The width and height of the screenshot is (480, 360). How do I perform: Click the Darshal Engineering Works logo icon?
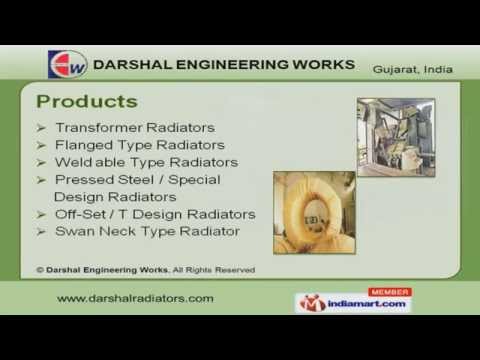[67, 64]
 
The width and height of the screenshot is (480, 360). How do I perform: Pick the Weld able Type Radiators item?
[147, 162]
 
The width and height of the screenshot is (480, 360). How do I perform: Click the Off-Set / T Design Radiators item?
[155, 214]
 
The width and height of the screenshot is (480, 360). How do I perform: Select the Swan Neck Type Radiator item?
[147, 231]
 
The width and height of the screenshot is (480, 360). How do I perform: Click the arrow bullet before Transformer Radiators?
[41, 129]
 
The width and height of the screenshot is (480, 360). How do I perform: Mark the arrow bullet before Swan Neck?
[41, 231]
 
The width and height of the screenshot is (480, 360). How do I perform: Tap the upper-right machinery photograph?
[395, 136]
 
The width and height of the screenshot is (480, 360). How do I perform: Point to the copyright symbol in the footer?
[39, 269]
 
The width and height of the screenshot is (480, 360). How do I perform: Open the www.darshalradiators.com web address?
[135, 298]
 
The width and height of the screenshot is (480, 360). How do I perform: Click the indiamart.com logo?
[353, 303]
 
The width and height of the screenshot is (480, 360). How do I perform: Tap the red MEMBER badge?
[389, 292]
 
